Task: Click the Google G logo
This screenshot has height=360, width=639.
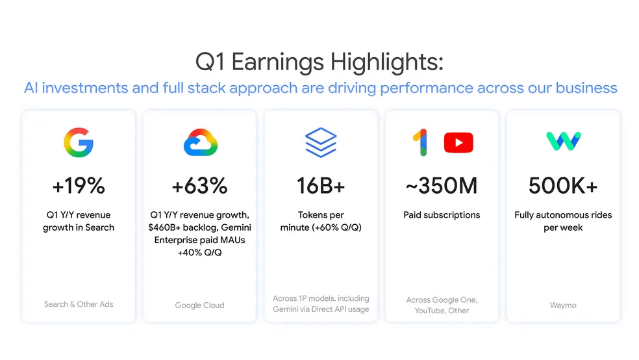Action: click(79, 142)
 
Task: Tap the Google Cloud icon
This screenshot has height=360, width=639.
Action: click(200, 142)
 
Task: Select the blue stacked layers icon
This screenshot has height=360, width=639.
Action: click(321, 142)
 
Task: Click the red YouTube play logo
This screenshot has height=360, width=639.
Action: click(458, 142)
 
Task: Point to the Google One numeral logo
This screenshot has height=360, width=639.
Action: click(421, 142)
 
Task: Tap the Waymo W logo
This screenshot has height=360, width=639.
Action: click(564, 141)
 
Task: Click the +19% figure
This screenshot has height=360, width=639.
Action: click(79, 186)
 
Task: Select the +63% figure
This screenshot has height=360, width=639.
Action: click(200, 186)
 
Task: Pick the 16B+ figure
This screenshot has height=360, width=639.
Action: click(321, 186)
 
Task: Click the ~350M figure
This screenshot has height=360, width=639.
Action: click(442, 186)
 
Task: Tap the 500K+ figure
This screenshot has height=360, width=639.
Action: click(563, 186)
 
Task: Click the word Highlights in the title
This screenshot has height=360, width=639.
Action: click(387, 63)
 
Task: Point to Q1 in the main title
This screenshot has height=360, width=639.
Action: click(210, 62)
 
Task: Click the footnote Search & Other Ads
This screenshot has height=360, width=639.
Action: click(79, 304)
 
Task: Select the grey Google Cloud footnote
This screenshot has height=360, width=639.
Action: click(200, 305)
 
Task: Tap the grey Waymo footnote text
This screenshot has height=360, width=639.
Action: click(563, 305)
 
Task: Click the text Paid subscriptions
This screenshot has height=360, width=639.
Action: click(442, 215)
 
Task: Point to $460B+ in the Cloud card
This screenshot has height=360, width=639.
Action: click(164, 227)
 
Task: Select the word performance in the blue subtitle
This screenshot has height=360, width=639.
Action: click(427, 88)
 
